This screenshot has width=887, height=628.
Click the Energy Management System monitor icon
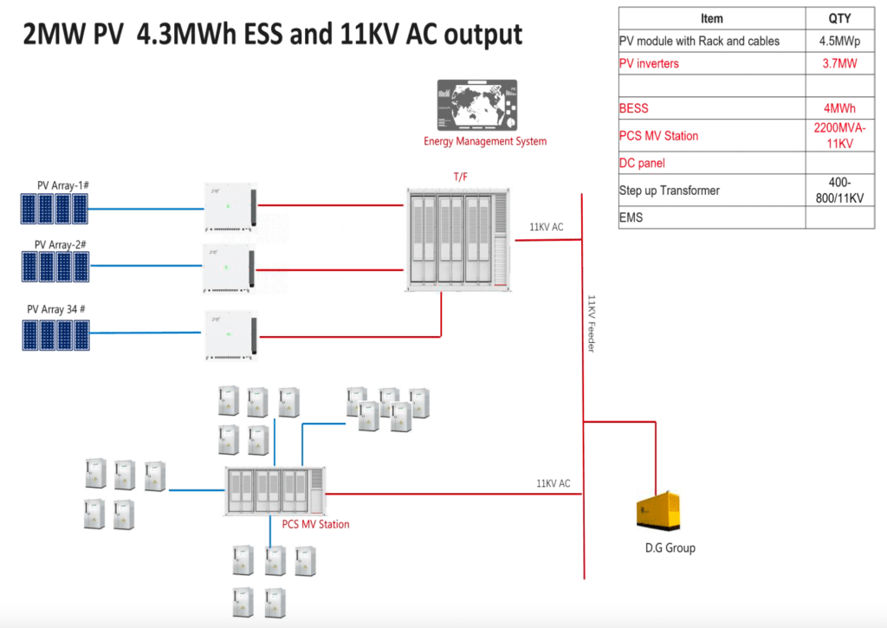tap(481, 105)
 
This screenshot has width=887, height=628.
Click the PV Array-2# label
tap(60, 245)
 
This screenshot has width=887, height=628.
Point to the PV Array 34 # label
tap(58, 309)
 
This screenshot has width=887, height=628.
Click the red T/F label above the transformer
tap(461, 177)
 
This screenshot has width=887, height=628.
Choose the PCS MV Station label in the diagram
tap(316, 524)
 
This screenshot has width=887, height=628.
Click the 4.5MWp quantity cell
tap(839, 41)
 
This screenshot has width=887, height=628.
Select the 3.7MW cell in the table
tap(839, 63)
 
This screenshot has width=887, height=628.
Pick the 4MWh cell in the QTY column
tap(839, 108)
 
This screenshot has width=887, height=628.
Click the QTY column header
tap(839, 18)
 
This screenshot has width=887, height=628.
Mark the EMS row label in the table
tap(631, 217)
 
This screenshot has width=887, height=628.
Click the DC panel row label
tap(642, 163)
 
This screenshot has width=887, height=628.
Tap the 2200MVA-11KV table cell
tap(839, 135)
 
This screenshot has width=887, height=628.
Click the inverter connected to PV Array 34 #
tap(231, 335)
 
